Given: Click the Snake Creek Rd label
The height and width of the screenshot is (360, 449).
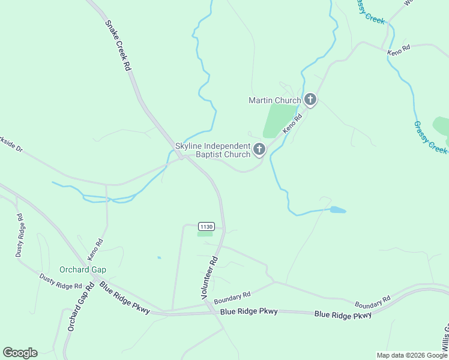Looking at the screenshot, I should coord(118,46).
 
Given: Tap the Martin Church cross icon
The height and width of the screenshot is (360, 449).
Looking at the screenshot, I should coord(310,100).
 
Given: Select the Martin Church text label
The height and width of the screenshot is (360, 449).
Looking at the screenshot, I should coord(275,100).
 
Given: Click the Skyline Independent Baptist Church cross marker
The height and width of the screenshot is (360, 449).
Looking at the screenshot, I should coord(259,149).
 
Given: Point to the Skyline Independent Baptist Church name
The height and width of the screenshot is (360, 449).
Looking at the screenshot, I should coord(212,150).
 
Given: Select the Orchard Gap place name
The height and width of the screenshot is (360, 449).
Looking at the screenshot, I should coord(82,269).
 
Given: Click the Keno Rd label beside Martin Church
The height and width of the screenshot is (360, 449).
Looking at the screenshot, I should coord(291,124).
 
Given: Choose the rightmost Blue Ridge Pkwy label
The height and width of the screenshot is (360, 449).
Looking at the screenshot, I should coord(343,314).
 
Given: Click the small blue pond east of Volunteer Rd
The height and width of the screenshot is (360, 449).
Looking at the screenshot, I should coord(337,210).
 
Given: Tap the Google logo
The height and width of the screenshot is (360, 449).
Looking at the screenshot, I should coord(20,353).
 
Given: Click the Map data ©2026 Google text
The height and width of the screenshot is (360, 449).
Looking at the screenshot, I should coord(411,355).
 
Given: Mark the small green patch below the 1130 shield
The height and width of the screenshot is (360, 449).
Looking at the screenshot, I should coord(205,234).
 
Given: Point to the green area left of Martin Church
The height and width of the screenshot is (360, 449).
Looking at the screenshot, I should coord(279,120).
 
